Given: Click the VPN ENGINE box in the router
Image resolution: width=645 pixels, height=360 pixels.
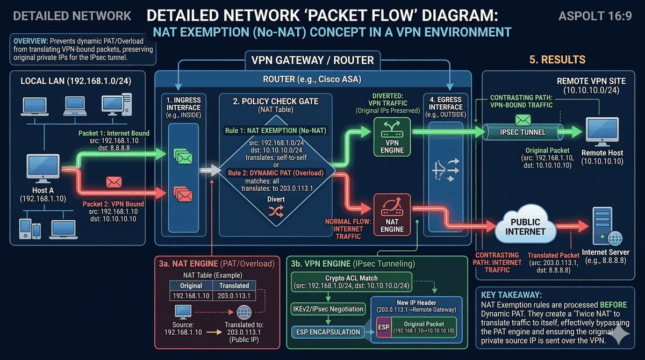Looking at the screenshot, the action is (392, 137).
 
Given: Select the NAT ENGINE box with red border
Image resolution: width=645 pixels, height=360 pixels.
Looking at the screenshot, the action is (392, 215).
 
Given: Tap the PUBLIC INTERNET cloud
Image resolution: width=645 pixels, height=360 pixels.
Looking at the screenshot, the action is (525, 225).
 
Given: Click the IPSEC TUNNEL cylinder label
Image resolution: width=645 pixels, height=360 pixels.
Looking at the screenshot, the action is (522, 132).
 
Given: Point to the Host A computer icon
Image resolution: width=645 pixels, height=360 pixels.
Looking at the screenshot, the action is (43, 169).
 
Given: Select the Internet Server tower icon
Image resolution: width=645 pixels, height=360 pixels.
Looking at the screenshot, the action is (603, 226).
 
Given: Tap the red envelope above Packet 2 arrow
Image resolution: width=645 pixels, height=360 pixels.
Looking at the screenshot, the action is (114, 182).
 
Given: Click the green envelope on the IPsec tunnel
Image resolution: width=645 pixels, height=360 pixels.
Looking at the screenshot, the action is (523, 120).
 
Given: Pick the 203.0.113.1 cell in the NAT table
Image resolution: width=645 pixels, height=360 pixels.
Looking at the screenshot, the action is (234, 296).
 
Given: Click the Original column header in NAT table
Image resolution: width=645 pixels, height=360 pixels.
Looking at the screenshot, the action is (191, 285).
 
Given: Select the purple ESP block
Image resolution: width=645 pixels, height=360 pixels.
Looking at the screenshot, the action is (384, 327).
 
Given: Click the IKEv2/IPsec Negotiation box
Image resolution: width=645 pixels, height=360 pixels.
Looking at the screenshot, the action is (328, 309).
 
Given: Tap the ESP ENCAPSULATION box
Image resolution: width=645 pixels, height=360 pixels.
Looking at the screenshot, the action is (328, 332).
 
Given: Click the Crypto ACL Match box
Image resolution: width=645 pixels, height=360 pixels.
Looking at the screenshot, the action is (352, 282).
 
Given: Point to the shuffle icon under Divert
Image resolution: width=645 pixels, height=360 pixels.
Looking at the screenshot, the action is (276, 212).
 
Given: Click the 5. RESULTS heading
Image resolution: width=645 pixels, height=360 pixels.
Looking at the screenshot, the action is (557, 60).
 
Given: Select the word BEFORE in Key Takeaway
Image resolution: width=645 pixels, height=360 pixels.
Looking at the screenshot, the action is (613, 305).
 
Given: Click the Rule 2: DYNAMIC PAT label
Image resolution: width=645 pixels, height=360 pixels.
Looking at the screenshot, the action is (276, 173).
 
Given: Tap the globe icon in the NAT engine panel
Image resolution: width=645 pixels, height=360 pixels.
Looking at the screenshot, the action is (244, 313).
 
